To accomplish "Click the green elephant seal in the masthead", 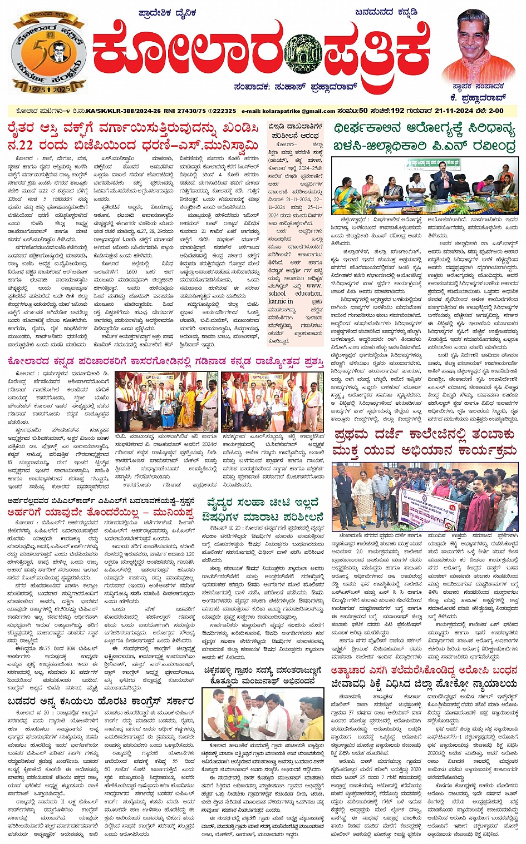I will pyautogui.click(x=302, y=54).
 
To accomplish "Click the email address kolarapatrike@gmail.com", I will pyautogui.click(x=288, y=111).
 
